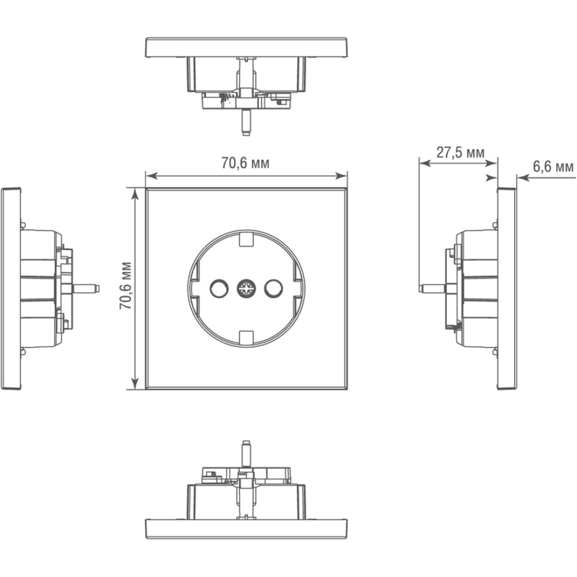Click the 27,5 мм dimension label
pos(460,152)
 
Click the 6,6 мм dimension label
pos(553,167)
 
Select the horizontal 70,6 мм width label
pos(245,163)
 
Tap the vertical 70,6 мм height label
pos(125,286)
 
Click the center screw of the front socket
pos(246,288)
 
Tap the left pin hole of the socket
pos(219,288)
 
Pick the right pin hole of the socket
pos(273,288)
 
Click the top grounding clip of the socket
pos(246,238)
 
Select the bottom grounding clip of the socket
pos(246,338)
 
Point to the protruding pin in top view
pos(246,123)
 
